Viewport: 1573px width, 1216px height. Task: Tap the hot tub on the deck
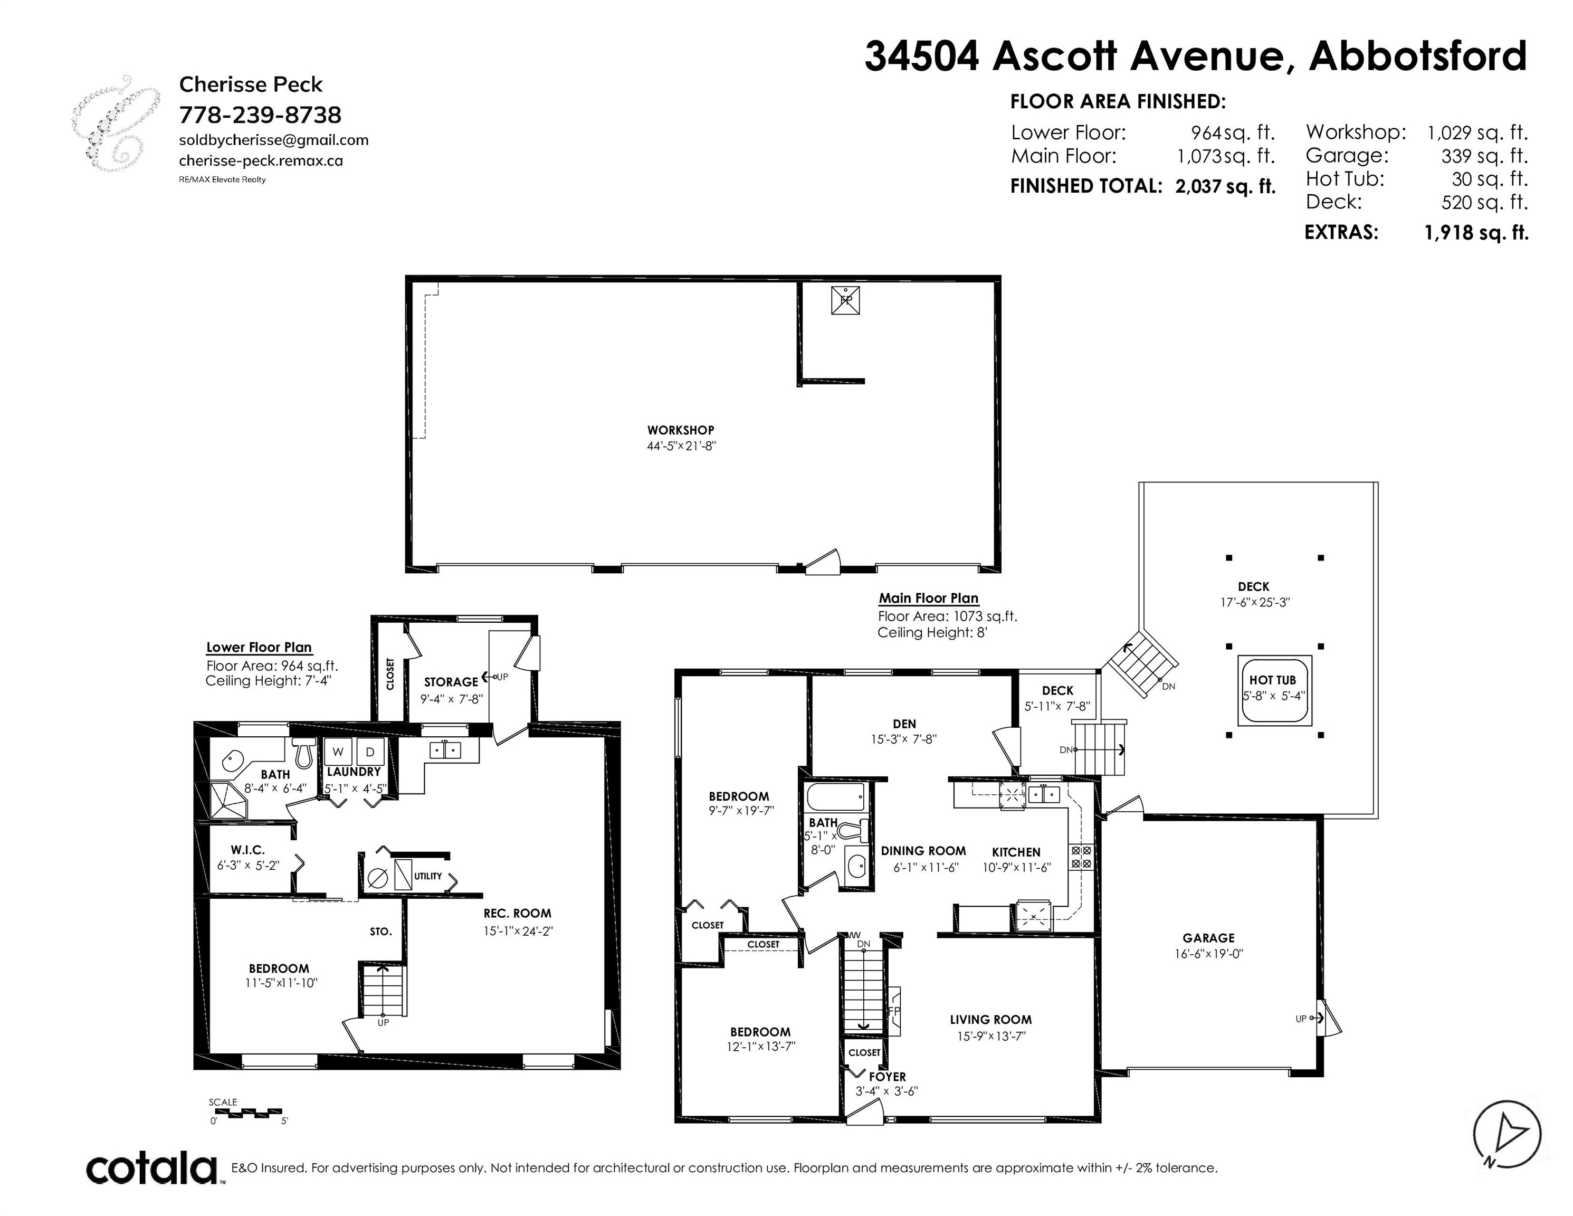coord(1274,690)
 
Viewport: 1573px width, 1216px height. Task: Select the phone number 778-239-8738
coord(260,115)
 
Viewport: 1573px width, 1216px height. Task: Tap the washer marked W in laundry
coord(337,752)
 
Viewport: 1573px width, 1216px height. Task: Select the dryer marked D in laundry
coord(370,752)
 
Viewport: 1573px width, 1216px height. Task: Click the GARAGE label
coord(1208,938)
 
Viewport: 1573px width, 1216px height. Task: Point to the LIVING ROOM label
coord(990,1019)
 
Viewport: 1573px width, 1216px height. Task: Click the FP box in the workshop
coord(845,300)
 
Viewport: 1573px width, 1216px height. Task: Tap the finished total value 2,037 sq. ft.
coord(1225,187)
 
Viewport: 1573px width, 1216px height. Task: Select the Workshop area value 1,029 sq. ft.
coord(1477,132)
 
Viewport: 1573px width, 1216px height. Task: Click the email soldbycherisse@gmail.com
coord(274,140)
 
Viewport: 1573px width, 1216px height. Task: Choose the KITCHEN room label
coord(1016,851)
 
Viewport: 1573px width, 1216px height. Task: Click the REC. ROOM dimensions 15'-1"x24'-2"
coord(518,930)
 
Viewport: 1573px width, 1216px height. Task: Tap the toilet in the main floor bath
coord(854,831)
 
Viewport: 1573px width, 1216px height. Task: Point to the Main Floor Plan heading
coord(928,598)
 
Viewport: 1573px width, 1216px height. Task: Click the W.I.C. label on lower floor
coord(248,850)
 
